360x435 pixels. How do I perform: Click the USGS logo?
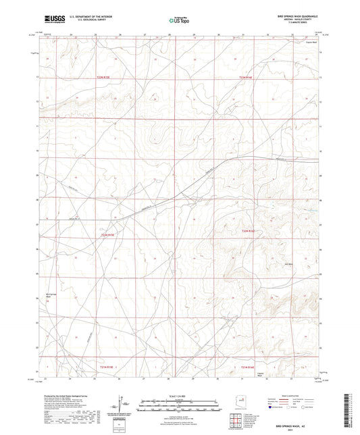51,20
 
